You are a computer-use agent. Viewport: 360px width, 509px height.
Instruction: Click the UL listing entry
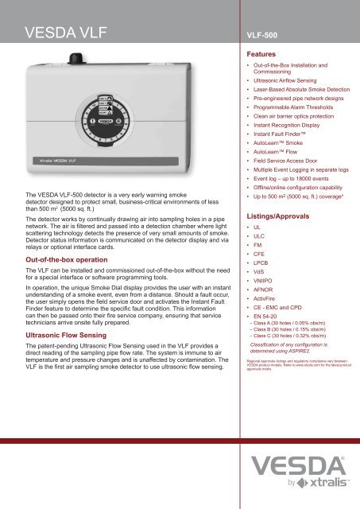[x=257, y=230]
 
